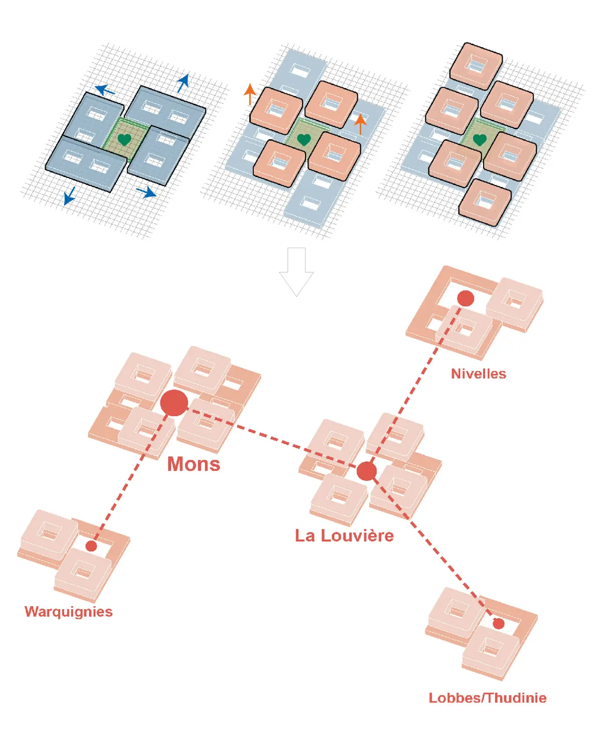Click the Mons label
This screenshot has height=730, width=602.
click(194, 464)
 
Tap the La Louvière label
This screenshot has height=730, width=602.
click(344, 535)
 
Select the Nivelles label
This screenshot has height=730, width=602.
click(478, 374)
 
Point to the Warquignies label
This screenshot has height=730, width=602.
click(69, 612)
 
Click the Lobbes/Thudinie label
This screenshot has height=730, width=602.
click(488, 698)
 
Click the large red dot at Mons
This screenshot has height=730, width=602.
click(174, 403)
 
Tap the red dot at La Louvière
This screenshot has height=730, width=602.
click(367, 471)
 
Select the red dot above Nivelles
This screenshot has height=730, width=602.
click(466, 299)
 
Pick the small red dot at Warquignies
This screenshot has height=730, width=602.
click(91, 546)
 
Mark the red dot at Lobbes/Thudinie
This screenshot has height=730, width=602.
click(499, 624)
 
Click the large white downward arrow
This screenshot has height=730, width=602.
click(296, 272)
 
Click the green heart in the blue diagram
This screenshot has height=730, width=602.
click(124, 140)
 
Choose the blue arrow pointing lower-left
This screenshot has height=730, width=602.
click(70, 196)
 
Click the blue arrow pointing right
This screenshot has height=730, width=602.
click(146, 192)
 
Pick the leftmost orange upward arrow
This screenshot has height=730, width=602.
click(250, 94)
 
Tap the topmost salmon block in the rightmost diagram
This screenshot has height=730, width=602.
click(476, 66)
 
